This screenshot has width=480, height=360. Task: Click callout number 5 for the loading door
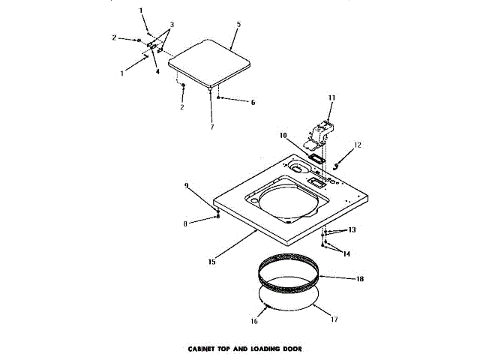tap(238, 25)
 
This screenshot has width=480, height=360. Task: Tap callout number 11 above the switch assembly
tap(331, 98)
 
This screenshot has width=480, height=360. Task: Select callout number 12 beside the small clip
tap(358, 145)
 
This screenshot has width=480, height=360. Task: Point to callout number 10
tap(283, 136)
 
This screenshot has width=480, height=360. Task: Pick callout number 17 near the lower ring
tap(334, 319)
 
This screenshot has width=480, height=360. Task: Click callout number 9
tap(186, 185)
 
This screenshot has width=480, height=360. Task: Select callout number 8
tap(186, 223)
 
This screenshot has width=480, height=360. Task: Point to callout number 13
tap(352, 229)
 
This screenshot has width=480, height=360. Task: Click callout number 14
tap(346, 253)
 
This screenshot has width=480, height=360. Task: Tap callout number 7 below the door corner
tap(211, 127)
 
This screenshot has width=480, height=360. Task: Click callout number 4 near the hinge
tap(157, 73)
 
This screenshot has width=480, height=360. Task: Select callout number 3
tap(172, 25)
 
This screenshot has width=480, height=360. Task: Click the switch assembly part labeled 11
tap(321, 129)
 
